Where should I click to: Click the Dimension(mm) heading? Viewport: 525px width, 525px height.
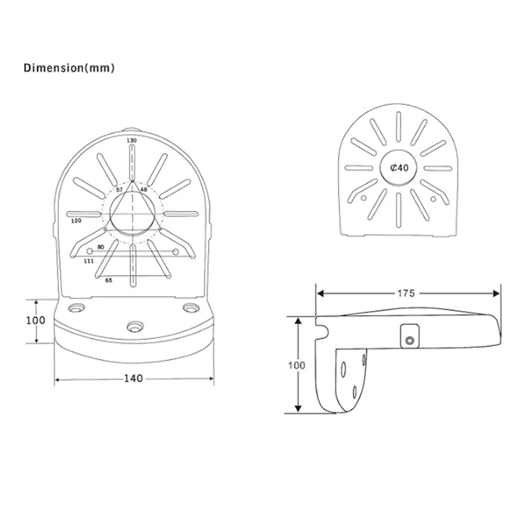click(69, 68)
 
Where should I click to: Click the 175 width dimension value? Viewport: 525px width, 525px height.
click(406, 293)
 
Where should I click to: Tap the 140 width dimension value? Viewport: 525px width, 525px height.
click(134, 378)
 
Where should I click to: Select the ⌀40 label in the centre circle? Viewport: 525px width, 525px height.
click(399, 167)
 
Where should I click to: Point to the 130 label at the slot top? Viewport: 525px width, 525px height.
click(132, 140)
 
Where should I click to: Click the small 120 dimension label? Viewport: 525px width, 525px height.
click(76, 221)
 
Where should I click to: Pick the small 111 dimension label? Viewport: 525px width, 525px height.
click(88, 261)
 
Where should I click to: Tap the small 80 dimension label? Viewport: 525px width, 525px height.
click(101, 247)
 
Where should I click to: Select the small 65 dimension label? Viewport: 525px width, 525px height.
click(108, 280)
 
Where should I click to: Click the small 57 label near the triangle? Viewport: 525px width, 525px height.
click(120, 190)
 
